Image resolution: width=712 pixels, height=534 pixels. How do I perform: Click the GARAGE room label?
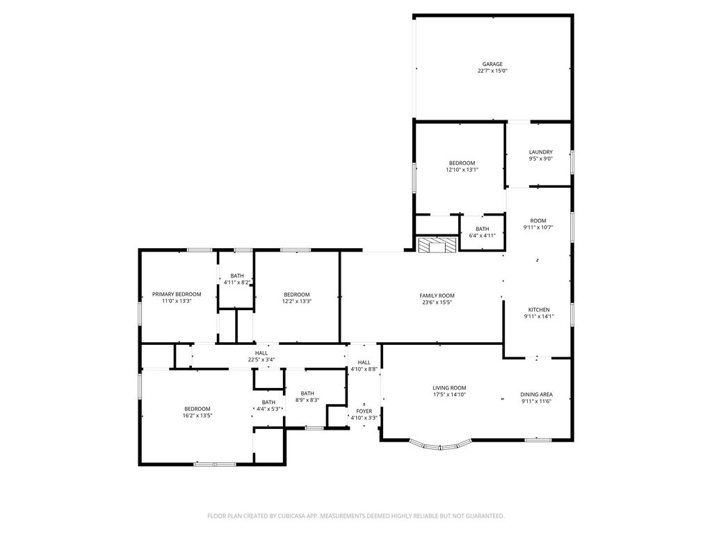click(492, 64)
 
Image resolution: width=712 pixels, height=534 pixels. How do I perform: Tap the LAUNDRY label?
click(541, 152)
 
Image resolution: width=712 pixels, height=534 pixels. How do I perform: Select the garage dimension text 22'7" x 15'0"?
click(492, 71)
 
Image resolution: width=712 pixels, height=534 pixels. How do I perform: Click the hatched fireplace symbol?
click(437, 245)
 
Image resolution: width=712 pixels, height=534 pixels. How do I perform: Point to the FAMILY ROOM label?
click(437, 296)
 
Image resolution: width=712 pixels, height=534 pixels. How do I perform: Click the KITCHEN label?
click(539, 309)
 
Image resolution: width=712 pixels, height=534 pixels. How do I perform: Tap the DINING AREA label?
click(536, 395)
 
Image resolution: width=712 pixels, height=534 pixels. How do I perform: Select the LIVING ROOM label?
click(449, 388)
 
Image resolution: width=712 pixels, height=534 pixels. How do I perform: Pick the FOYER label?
click(364, 411)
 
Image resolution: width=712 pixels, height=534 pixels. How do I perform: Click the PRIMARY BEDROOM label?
click(177, 294)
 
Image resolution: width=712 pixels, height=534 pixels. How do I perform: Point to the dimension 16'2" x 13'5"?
click(197, 416)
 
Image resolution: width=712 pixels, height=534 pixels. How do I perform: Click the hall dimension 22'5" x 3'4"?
click(261, 359)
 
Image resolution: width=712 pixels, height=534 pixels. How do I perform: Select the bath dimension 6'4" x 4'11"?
click(483, 236)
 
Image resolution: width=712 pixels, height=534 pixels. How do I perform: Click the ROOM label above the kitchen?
click(538, 220)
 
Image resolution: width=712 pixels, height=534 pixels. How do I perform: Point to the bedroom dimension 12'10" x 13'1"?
click(462, 170)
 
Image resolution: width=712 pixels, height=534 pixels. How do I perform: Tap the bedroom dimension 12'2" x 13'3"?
click(296, 301)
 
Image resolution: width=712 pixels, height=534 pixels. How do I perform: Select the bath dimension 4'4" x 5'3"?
click(268, 409)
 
